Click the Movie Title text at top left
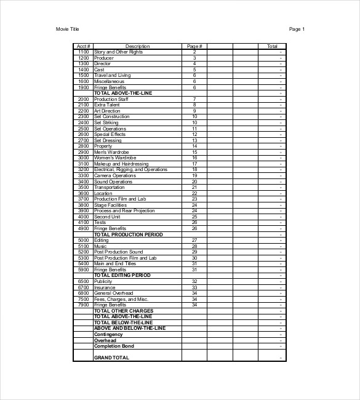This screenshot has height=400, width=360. click(x=67, y=29)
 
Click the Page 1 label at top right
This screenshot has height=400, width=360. click(x=297, y=29)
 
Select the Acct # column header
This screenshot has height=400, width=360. click(x=83, y=46)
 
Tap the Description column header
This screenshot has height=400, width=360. click(x=137, y=46)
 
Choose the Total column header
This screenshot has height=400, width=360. click(x=272, y=46)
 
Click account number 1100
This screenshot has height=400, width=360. click(x=84, y=52)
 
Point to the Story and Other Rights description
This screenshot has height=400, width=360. click(x=118, y=52)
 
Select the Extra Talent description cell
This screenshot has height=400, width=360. click(x=107, y=105)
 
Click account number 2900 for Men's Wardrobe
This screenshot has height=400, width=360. click(x=84, y=152)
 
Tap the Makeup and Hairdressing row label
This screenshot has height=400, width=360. click(x=121, y=164)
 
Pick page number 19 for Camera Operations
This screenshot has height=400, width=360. click(x=194, y=175)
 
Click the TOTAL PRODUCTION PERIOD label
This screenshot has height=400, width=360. click(x=128, y=234)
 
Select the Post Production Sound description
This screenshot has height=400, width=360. click(x=118, y=252)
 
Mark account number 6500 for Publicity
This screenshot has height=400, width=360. click(x=84, y=281)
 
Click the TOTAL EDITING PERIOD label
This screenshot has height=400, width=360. click(x=122, y=275)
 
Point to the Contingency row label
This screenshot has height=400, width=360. click(x=108, y=334)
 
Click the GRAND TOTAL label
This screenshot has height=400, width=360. click(x=111, y=358)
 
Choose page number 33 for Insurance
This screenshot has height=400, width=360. click(x=194, y=287)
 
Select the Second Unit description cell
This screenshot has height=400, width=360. click(x=107, y=217)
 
